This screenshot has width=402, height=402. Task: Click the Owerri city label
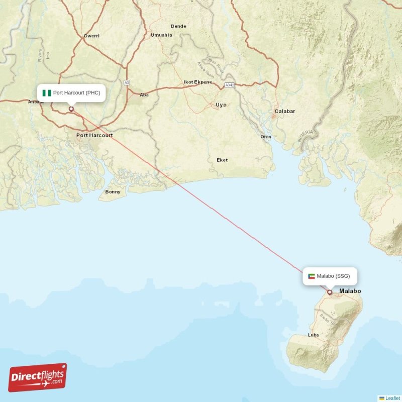pos(92,36)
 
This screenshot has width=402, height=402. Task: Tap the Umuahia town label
pos(161,35)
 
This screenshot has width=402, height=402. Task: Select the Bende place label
pos(178,26)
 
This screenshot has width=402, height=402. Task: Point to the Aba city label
pos(144,94)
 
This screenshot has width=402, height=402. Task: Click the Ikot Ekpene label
pos(198,82)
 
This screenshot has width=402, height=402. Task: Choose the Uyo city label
pos(221,105)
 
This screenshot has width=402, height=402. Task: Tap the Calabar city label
pos(285,111)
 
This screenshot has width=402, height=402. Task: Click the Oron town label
pos(266,137)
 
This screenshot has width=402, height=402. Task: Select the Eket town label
pos(222,160)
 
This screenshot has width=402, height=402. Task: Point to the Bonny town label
pos(113,192)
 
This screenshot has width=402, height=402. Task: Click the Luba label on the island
pos(313,335)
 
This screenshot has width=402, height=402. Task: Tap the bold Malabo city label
pos(350,291)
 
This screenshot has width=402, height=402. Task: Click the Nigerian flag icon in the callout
pos(47,92)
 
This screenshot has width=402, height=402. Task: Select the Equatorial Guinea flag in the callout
pos(312,276)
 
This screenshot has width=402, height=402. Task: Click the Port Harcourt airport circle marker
pos(71,109)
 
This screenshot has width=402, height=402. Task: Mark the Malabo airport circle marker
pos(330,292)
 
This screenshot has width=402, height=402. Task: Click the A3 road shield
pos(127,82)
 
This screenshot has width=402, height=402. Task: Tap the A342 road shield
pos(230,85)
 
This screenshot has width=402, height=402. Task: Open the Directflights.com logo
pos(37,377)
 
